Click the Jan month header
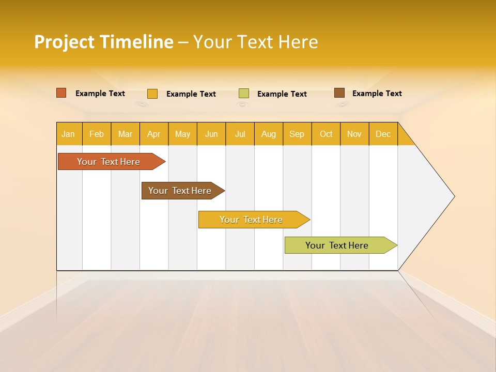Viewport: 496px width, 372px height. (x=69, y=134)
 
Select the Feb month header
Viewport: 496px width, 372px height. (x=97, y=134)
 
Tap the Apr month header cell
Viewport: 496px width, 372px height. (x=154, y=134)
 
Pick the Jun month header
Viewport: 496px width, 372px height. (x=211, y=134)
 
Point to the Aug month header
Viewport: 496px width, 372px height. (x=269, y=134)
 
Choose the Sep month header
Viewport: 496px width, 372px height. (x=297, y=134)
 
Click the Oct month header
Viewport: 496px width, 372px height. (x=326, y=134)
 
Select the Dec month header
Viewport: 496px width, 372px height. (x=383, y=134)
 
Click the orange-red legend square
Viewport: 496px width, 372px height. (x=61, y=93)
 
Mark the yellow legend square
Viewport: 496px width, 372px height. (x=152, y=94)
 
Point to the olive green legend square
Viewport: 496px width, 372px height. (x=244, y=94)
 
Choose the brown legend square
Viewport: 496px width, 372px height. (x=339, y=93)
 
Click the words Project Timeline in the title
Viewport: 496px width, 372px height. (x=104, y=42)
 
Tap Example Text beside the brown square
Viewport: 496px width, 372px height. (x=377, y=94)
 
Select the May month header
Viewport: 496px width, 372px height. (x=182, y=134)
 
